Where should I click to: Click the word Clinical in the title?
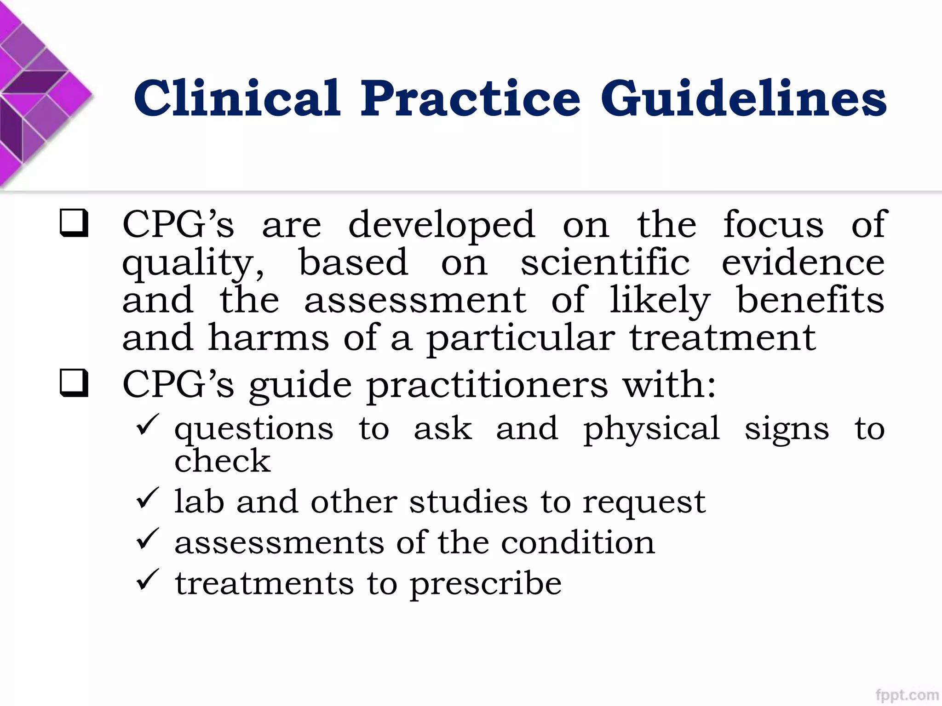[x=237, y=98]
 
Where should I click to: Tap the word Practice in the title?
[x=470, y=98]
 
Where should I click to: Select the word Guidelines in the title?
[x=744, y=98]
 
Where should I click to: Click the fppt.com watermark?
[x=907, y=695]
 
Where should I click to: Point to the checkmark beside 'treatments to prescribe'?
[x=148, y=580]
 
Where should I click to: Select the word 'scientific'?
[x=605, y=263]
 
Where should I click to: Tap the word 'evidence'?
[x=803, y=263]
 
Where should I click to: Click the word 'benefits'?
[x=810, y=301]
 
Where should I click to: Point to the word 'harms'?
[x=269, y=338]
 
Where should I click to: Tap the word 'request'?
[x=644, y=503]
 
